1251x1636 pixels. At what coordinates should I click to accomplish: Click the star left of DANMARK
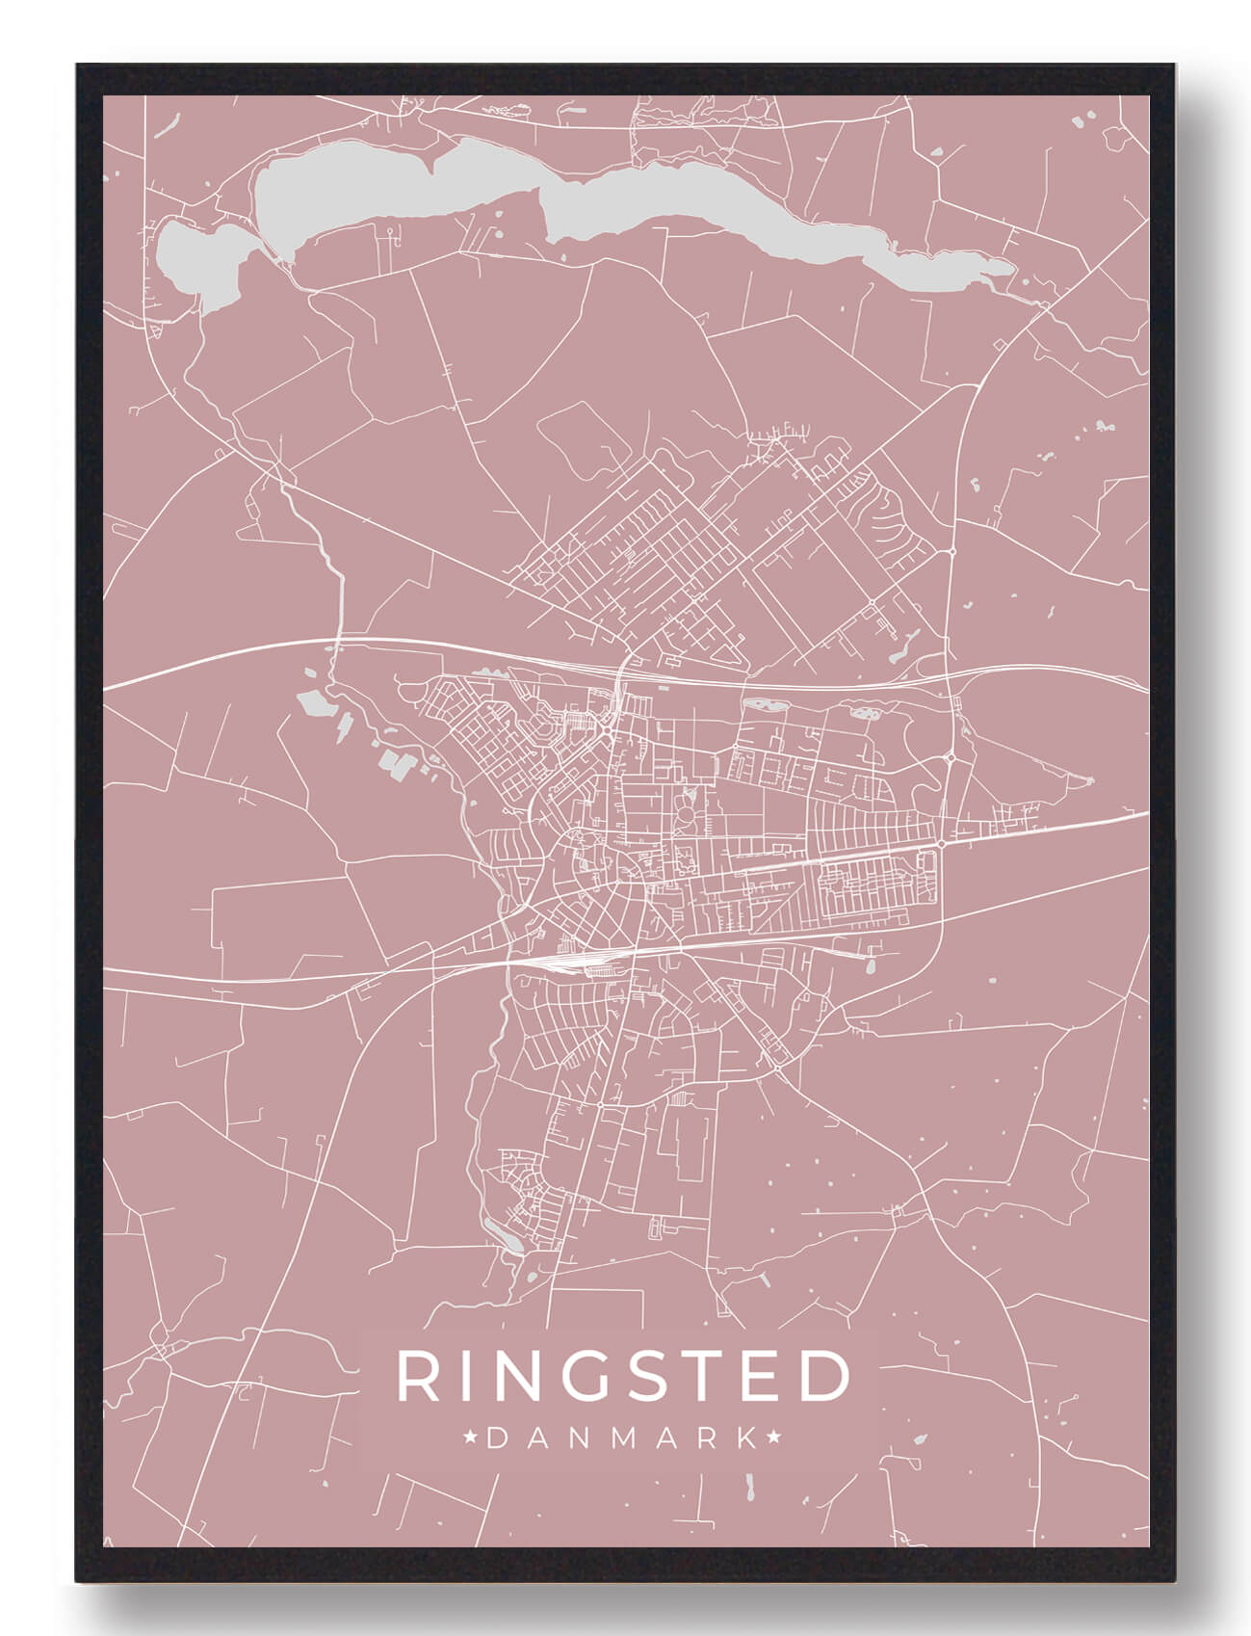coord(472,1438)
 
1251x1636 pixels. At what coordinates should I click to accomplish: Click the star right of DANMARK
coord(774,1438)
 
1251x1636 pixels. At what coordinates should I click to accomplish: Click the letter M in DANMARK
coord(621,1438)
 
